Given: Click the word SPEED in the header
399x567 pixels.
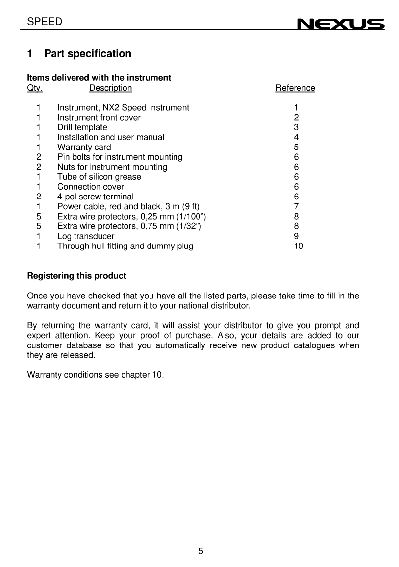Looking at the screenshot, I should pos(45,22).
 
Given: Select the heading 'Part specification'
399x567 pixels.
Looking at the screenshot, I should pos(88,54).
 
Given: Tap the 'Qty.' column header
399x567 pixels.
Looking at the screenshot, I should pos(35,88).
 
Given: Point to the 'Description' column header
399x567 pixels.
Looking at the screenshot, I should pos(110,88).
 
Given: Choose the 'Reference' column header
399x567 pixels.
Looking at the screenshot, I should pos(295,88).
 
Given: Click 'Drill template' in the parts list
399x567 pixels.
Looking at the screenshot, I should pos(82,127).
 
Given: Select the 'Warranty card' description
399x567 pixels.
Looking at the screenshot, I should pos(84,147).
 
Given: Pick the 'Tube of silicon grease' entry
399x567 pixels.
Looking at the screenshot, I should pos(99,177).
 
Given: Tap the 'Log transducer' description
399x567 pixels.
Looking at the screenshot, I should pos(86,236).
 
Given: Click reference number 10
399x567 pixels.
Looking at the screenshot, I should pos(298,246).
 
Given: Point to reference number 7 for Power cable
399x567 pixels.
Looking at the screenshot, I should pos(296,206).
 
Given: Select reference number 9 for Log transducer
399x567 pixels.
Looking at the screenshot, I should pos(296,236).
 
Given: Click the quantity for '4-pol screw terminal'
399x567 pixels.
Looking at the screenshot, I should pos(38,197).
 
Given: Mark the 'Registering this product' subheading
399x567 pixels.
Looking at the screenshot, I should pos(76,276).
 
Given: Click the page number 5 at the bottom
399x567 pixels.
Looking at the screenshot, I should pos(201,551).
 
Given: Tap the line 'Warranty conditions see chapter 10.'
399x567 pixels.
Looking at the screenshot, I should pos(96,375).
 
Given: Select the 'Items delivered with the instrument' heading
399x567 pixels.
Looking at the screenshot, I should pos(99,78).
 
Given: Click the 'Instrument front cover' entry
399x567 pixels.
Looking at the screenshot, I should pos(99,118).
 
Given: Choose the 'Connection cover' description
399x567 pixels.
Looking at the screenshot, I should pos(91,187).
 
